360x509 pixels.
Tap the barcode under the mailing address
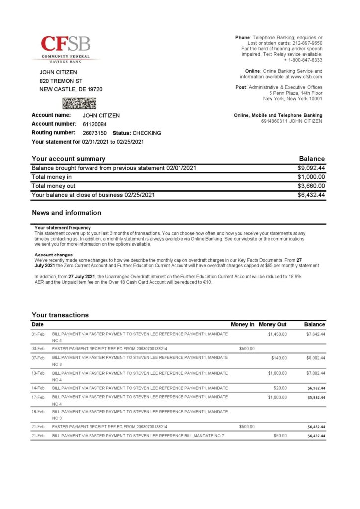tap(79, 103)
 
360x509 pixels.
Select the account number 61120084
tap(94, 124)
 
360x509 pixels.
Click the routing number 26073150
tap(94, 133)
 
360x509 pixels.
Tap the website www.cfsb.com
tap(306, 77)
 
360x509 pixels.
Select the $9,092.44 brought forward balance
tap(311, 168)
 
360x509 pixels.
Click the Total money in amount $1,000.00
tap(311, 177)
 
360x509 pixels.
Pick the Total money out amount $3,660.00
tap(311, 186)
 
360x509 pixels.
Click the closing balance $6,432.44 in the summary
tap(311, 195)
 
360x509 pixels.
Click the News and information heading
tap(67, 213)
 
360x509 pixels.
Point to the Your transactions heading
tap(60, 315)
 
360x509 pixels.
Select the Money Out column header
tap(272, 324)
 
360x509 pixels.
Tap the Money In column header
tap(243, 324)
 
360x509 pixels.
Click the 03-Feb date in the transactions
tap(38, 349)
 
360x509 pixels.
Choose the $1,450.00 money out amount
tap(277, 334)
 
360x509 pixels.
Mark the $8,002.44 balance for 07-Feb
tap(316, 358)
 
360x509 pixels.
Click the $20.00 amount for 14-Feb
tap(280, 388)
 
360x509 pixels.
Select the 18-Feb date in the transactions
tap(38, 412)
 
